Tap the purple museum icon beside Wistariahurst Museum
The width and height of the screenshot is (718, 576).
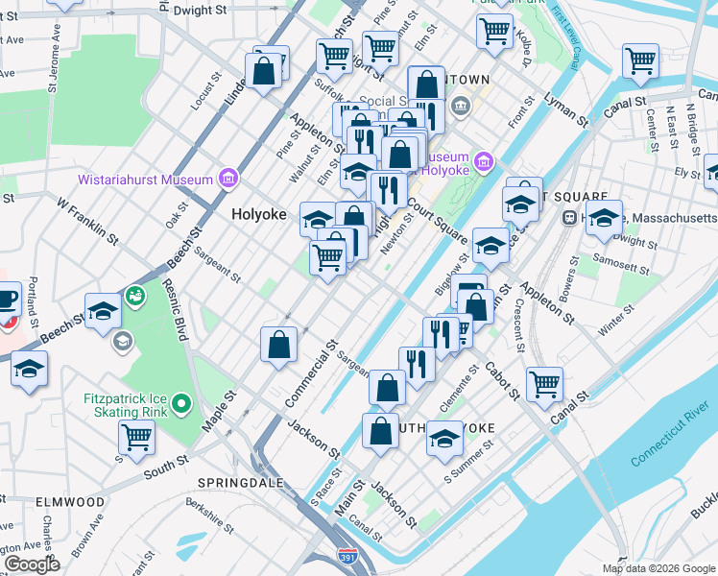point(227,179)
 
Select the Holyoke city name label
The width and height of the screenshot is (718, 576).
point(259,215)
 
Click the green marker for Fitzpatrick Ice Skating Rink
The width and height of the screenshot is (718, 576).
point(181,405)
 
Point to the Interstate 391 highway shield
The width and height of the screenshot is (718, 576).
point(347,556)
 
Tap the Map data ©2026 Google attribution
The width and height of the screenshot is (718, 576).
point(658,568)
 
